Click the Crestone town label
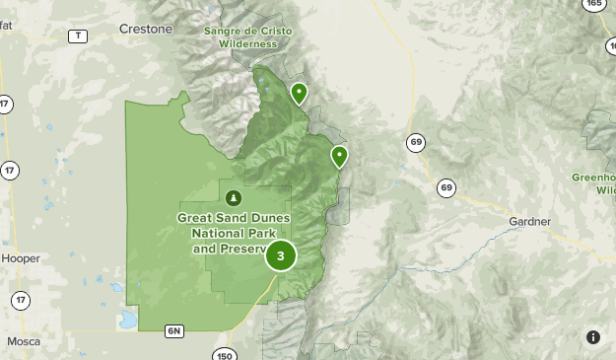pos(146,30)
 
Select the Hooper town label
pos(21,258)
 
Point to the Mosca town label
pos(24,341)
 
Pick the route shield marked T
pos(77,36)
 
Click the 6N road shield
pos(175,330)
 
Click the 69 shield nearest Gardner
pos(446,188)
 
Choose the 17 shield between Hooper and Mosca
pos(21,299)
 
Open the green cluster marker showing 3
pos(281,256)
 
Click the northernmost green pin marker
pos(299,94)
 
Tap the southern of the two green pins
pos(339,156)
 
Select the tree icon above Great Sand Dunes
pos(234,196)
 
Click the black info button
pos(593,337)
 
